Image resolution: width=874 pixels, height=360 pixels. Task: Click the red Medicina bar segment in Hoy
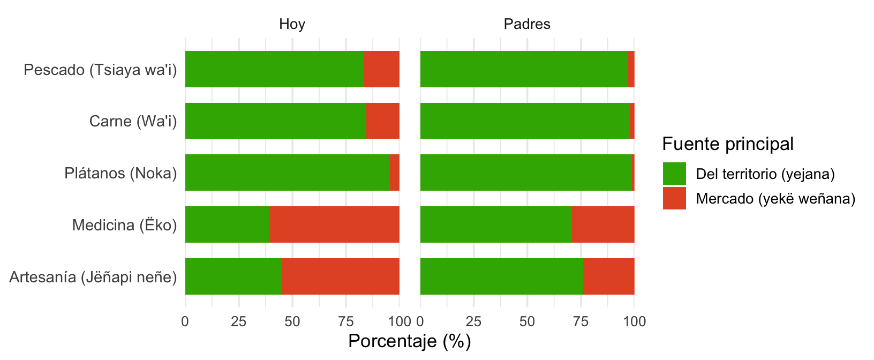[x=334, y=224]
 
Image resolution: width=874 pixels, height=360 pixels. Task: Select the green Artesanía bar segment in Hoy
[x=233, y=276]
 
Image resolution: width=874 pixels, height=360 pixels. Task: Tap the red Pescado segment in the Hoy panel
[x=381, y=69]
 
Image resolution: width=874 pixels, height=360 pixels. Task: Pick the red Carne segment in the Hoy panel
[x=382, y=121]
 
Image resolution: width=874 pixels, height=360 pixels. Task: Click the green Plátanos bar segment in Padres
[x=526, y=172]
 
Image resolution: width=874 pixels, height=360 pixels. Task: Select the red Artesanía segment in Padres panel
[x=608, y=276]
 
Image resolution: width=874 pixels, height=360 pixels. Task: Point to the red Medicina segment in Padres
[x=602, y=224]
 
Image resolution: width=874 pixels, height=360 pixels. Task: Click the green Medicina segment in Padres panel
[x=496, y=224]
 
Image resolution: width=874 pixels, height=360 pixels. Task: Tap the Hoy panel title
[x=292, y=24]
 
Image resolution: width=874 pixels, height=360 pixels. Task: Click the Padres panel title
[x=527, y=24]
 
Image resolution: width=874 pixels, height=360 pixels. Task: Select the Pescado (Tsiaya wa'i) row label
[x=100, y=70]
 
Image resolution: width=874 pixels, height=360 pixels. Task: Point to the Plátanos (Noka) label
[x=120, y=173]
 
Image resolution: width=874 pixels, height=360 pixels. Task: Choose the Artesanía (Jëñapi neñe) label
[x=93, y=277]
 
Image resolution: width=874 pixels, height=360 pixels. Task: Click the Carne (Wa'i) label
[x=133, y=121]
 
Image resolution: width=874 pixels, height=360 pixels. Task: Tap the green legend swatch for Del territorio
[x=674, y=174]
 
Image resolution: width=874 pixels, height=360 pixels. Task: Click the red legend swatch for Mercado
[x=674, y=198]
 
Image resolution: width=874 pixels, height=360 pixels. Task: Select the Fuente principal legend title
[x=728, y=144]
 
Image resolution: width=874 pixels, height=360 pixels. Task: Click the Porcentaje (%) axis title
[x=409, y=341]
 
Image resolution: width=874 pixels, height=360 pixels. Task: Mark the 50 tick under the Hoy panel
[x=292, y=321]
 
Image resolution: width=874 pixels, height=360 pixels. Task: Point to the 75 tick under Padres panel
[x=581, y=321]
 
